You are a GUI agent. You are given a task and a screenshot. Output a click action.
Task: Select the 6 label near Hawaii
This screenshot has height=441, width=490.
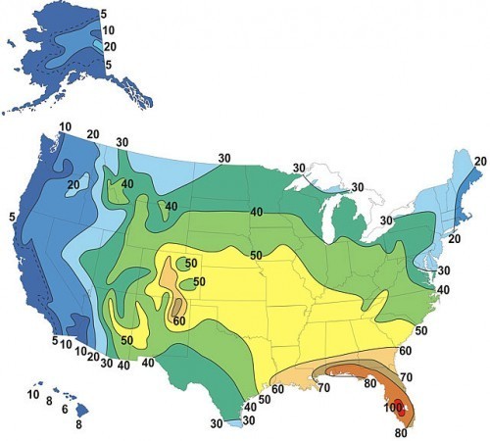pos(65,409)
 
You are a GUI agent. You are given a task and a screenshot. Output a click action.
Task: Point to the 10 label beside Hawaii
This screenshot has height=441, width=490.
pos(33,394)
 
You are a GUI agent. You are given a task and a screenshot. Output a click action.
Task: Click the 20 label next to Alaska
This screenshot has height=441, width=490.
pos(110,46)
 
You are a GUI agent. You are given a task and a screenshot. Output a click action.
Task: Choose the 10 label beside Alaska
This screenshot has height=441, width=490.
pos(109,29)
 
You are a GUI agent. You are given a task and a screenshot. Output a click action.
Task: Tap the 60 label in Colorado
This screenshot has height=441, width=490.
pos(179,319)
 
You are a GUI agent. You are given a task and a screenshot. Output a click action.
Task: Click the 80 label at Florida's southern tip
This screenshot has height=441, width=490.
pos(400,432)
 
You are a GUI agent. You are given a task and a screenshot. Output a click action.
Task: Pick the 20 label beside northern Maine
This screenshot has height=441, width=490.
pos(480,162)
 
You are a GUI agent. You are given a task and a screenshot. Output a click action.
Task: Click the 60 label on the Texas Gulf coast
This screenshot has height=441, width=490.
pos(277,389)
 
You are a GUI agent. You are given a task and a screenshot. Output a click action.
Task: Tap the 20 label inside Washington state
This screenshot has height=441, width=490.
pos(73,184)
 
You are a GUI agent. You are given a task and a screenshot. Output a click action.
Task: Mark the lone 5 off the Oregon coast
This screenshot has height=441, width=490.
pos(11,217)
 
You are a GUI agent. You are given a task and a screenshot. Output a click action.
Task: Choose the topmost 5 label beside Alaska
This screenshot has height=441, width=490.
pos(105,13)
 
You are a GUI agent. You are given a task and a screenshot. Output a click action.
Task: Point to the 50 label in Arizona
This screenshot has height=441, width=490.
pos(126,339)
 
